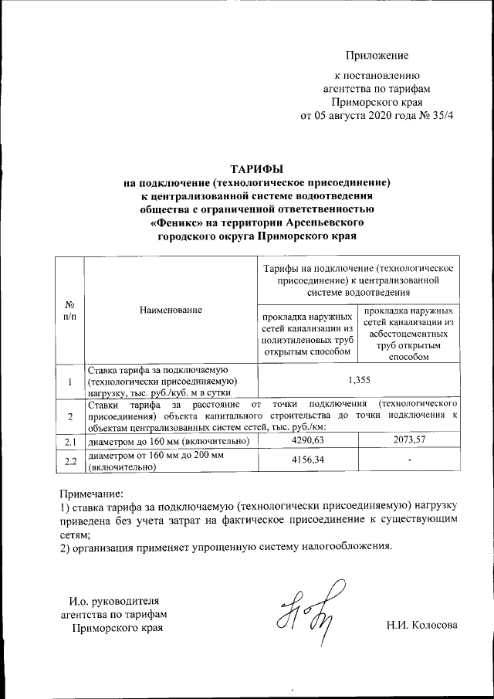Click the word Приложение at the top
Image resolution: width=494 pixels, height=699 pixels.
[x=377, y=55]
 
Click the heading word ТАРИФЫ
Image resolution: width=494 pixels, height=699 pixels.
[x=258, y=168]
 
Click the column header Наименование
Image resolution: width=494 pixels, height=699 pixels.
[x=171, y=309]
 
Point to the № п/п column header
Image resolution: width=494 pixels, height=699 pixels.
[x=69, y=309]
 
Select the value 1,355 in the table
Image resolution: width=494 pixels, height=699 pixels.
[x=359, y=380]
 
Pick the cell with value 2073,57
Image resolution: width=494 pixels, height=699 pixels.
[x=410, y=439]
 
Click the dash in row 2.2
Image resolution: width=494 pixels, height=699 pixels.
[x=410, y=460]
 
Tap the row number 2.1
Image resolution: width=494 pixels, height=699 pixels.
[x=69, y=441]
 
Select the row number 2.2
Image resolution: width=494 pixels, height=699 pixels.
[x=69, y=461]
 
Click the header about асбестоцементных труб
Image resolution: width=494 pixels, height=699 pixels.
[x=410, y=334]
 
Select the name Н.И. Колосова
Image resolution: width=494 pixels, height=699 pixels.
[x=422, y=625]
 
